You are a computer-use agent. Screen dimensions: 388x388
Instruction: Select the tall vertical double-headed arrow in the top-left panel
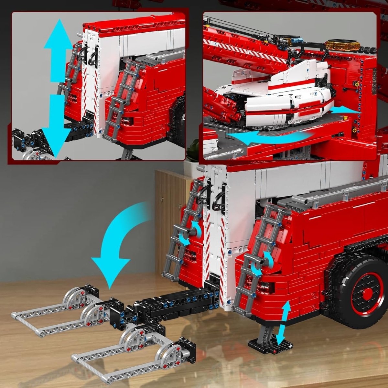point(58,87)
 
